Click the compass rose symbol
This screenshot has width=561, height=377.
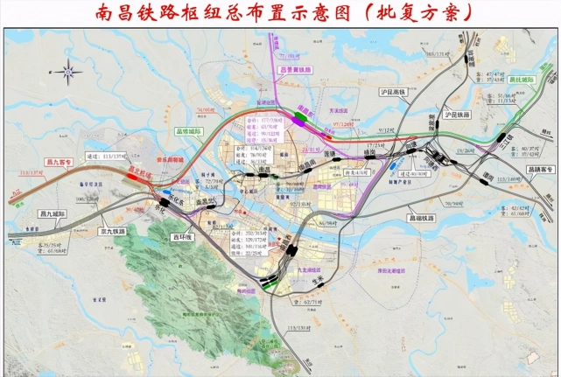67,69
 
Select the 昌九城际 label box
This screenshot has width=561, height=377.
54,213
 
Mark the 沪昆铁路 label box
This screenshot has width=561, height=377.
458,115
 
